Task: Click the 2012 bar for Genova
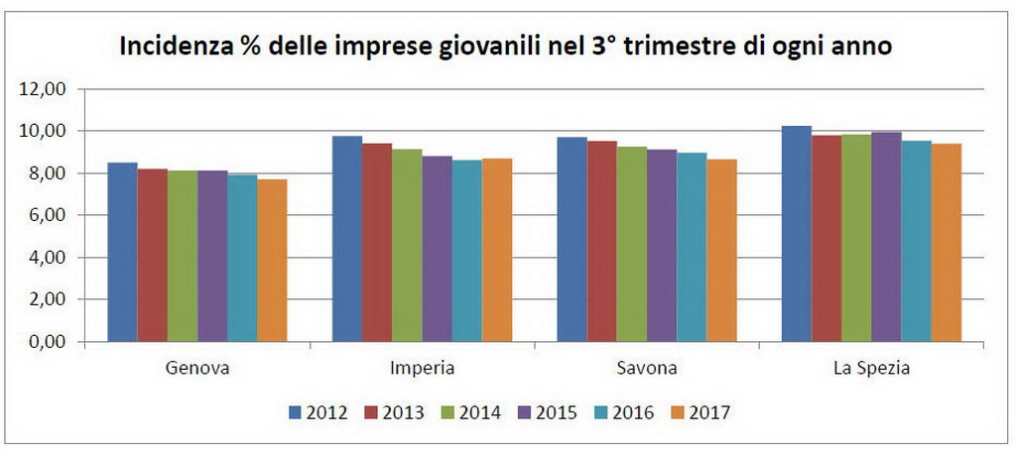(122, 252)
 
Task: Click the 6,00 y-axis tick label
(48, 216)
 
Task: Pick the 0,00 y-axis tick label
(48, 343)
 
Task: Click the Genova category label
(197, 369)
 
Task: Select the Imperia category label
(423, 369)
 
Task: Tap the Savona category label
(646, 369)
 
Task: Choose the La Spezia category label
(872, 369)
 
